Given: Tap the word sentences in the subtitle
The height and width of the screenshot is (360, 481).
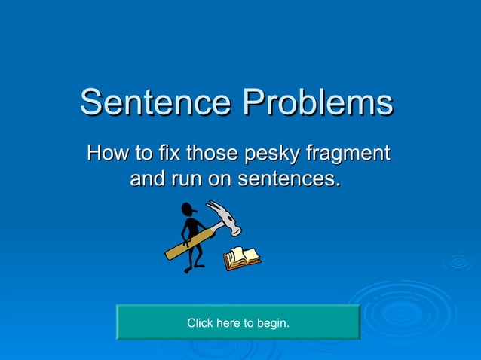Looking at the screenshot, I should [288, 179].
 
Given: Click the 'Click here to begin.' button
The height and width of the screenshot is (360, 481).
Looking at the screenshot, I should [237, 322].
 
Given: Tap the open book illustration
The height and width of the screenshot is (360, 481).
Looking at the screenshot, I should [242, 258].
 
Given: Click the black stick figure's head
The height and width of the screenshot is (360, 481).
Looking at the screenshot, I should [189, 209].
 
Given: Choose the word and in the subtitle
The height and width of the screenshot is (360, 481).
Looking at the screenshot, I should [147, 179].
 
